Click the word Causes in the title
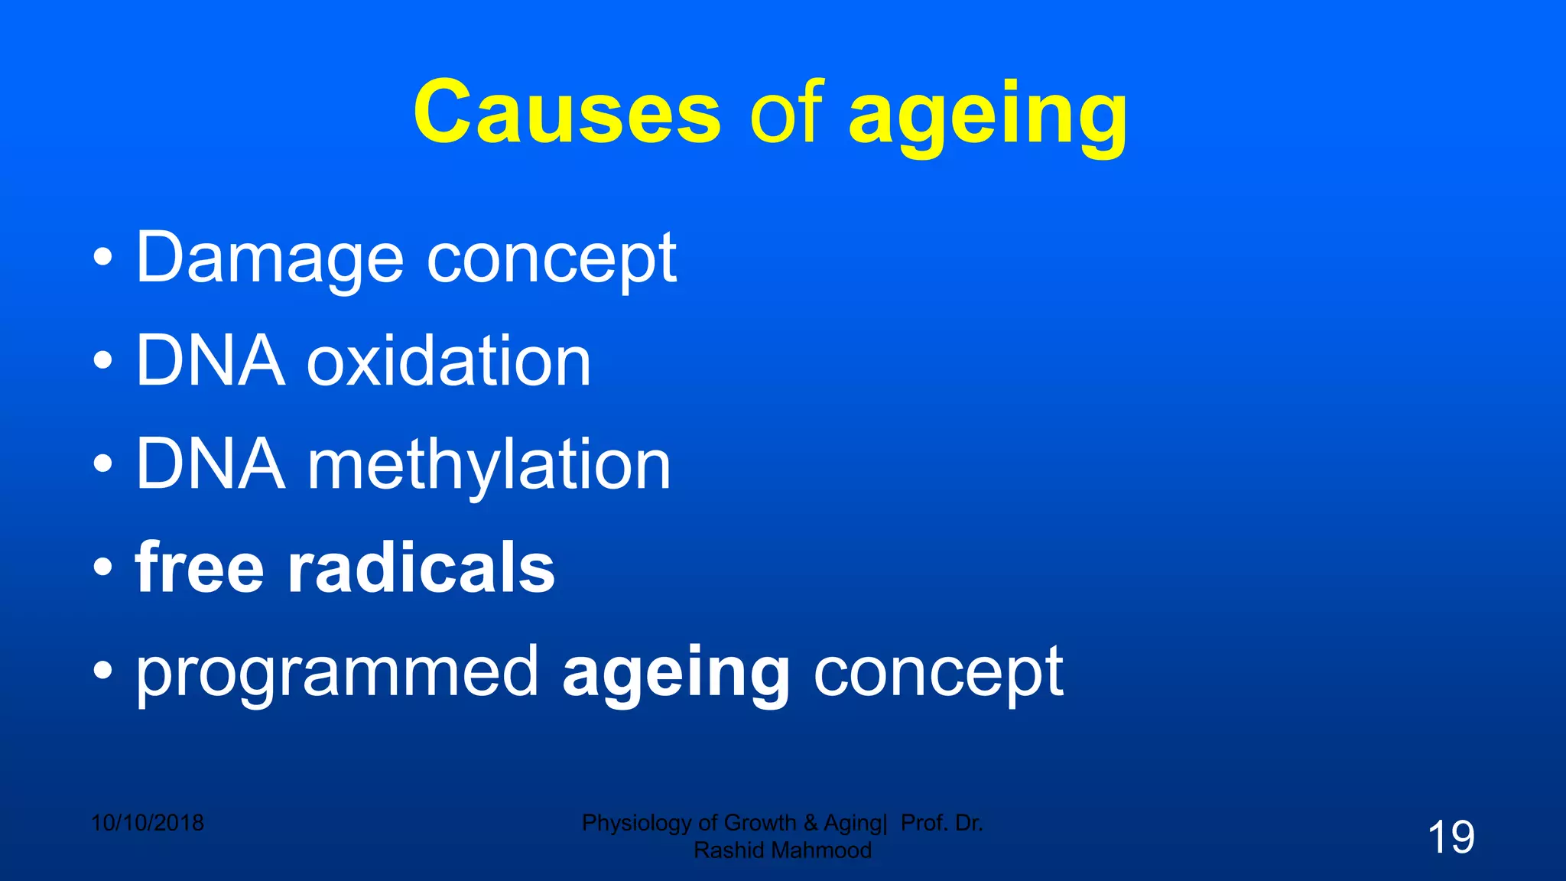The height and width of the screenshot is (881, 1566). (567, 112)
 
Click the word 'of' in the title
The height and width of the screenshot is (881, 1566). (785, 112)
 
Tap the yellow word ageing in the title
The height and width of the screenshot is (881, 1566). (988, 116)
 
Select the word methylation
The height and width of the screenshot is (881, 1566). (489, 467)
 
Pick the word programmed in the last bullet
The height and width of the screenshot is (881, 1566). (337, 673)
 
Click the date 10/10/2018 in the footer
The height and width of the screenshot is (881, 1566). (148, 823)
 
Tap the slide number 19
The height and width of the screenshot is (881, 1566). (1451, 837)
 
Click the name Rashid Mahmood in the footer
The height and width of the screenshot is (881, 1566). (782, 850)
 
